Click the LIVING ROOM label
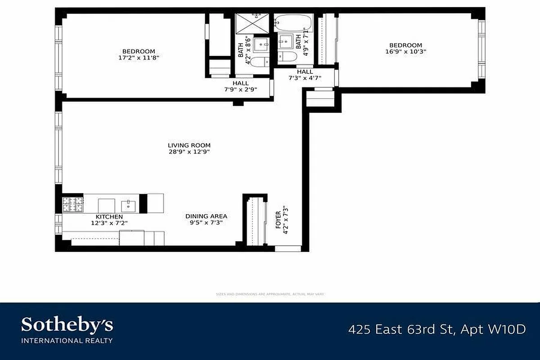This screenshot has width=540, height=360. tap(189, 145)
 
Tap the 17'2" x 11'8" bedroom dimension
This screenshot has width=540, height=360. tap(139, 58)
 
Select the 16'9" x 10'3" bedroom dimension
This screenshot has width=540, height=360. tap(405, 51)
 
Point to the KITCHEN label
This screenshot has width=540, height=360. tap(109, 217)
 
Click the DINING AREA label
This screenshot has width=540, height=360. tap(206, 216)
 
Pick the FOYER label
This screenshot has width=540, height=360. tap(278, 220)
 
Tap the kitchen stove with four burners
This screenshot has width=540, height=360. tap(72, 205)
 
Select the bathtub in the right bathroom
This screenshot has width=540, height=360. tap(293, 22)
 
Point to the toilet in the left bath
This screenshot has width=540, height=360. tap(258, 62)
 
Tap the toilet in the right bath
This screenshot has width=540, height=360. tap(287, 57)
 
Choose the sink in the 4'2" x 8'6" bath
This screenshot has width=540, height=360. tap(261, 45)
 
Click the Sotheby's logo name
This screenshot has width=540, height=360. tap(67, 325)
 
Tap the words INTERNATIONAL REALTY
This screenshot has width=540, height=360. tap(67, 340)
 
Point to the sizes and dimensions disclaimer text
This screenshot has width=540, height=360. tap(270, 294)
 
